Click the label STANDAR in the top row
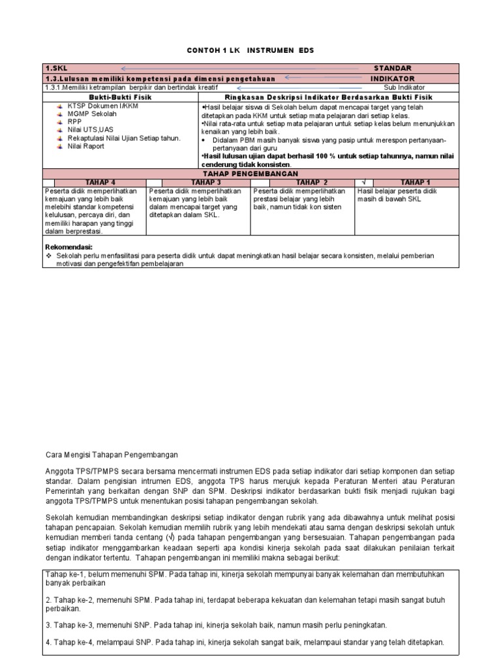(x=392, y=68)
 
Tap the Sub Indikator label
(x=404, y=87)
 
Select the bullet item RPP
(x=76, y=121)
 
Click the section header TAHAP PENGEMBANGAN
(x=250, y=174)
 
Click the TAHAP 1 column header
(x=415, y=183)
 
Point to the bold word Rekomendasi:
(x=68, y=247)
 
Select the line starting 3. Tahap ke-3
(x=216, y=625)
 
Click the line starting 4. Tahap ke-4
(x=245, y=642)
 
